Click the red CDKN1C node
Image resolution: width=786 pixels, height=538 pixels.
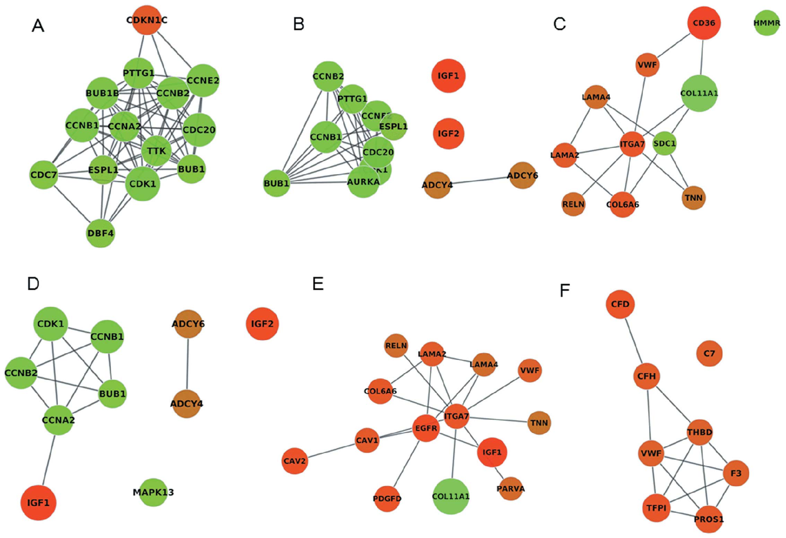pyautogui.click(x=147, y=20)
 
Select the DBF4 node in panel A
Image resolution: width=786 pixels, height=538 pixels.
pyautogui.click(x=101, y=233)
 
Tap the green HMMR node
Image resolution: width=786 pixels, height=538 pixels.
pyautogui.click(x=767, y=23)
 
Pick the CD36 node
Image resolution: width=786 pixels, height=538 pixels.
pyautogui.click(x=704, y=23)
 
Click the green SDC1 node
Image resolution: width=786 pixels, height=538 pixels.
pyautogui.click(x=664, y=143)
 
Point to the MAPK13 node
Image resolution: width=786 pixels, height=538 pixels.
pyautogui.click(x=153, y=492)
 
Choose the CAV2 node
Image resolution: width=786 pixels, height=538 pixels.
pyautogui.click(x=295, y=461)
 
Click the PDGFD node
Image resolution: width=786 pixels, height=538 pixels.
pyautogui.click(x=387, y=499)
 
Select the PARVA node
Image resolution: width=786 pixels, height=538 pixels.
pyautogui.click(x=510, y=488)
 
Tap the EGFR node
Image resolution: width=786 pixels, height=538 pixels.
pyautogui.click(x=426, y=428)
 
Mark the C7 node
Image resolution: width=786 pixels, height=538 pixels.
pyautogui.click(x=709, y=353)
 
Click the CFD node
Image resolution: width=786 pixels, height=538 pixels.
pyautogui.click(x=620, y=304)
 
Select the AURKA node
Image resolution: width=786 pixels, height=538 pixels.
pyautogui.click(x=363, y=182)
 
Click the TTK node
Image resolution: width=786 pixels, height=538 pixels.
pyautogui.click(x=156, y=151)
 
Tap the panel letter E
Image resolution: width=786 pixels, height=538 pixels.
pyautogui.click(x=318, y=284)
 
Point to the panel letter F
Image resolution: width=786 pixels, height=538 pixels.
pyautogui.click(x=565, y=290)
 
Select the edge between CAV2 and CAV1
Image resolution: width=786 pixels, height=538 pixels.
pyautogui.click(x=331, y=451)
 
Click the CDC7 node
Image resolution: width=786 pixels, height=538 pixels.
pyautogui.click(x=44, y=175)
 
